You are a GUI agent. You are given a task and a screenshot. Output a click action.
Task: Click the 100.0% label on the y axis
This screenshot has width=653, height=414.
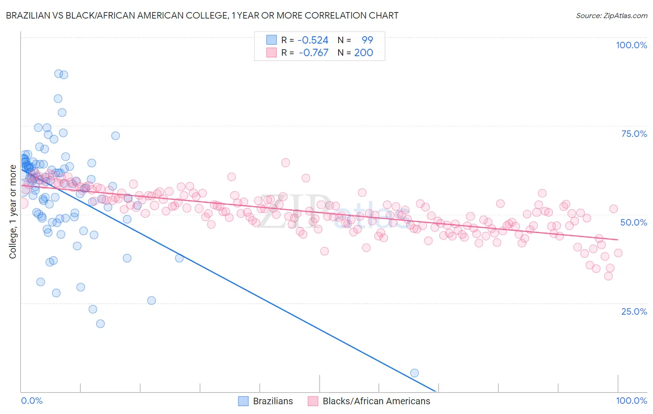(631, 45)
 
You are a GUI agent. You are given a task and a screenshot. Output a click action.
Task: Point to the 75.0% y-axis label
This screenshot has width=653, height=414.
(634, 134)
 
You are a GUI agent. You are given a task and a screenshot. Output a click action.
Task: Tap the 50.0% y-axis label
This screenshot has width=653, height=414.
(633, 222)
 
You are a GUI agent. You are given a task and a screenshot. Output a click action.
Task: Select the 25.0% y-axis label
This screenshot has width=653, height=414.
(634, 311)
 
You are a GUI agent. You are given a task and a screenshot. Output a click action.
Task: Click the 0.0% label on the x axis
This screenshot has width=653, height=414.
(32, 401)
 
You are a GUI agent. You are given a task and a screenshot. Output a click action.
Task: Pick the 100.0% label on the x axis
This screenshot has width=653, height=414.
(631, 401)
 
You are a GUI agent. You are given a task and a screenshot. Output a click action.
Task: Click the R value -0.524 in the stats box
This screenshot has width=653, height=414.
(313, 40)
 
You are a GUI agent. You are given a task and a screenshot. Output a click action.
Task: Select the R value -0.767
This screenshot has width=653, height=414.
(313, 52)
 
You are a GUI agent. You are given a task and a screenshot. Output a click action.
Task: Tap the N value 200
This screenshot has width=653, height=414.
(364, 52)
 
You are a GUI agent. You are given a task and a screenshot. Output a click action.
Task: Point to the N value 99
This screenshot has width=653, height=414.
(367, 40)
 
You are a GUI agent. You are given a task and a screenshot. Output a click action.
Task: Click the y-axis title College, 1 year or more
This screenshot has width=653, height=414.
(13, 212)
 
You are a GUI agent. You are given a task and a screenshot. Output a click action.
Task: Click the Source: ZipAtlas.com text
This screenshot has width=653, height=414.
(611, 15)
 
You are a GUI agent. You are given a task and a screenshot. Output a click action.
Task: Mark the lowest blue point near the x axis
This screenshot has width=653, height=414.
(414, 373)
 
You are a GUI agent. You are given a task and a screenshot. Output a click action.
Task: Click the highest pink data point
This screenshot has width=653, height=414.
(285, 162)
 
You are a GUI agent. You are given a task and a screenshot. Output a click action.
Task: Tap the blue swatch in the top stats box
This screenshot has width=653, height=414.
(271, 40)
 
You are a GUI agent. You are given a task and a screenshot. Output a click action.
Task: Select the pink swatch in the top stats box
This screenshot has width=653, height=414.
(271, 52)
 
